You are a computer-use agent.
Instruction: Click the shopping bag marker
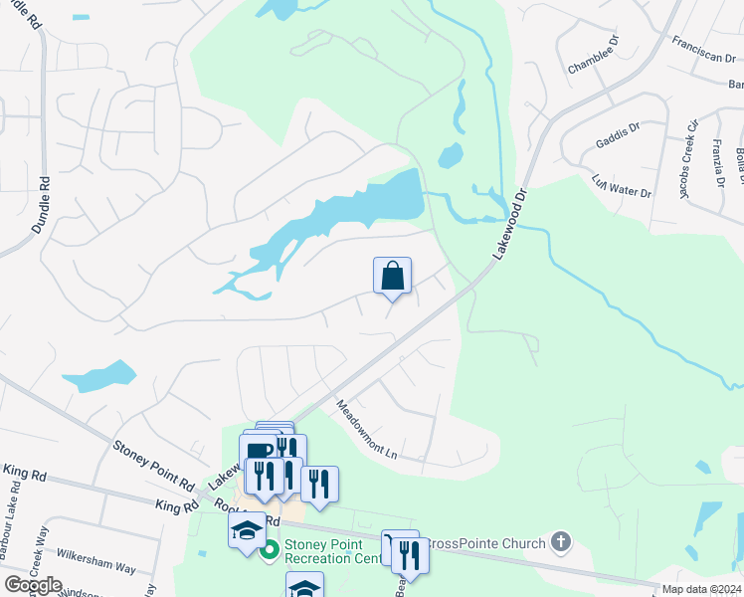click(x=392, y=276)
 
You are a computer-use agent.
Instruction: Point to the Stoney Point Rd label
click(x=153, y=466)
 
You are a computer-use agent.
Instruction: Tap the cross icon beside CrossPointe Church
click(x=561, y=542)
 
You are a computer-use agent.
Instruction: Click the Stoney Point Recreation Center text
click(x=331, y=551)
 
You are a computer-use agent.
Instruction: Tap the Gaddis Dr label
click(x=619, y=128)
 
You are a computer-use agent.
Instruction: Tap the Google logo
click(x=33, y=584)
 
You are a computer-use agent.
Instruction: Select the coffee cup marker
click(x=259, y=451)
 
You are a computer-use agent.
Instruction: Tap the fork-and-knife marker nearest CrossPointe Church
click(x=409, y=554)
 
